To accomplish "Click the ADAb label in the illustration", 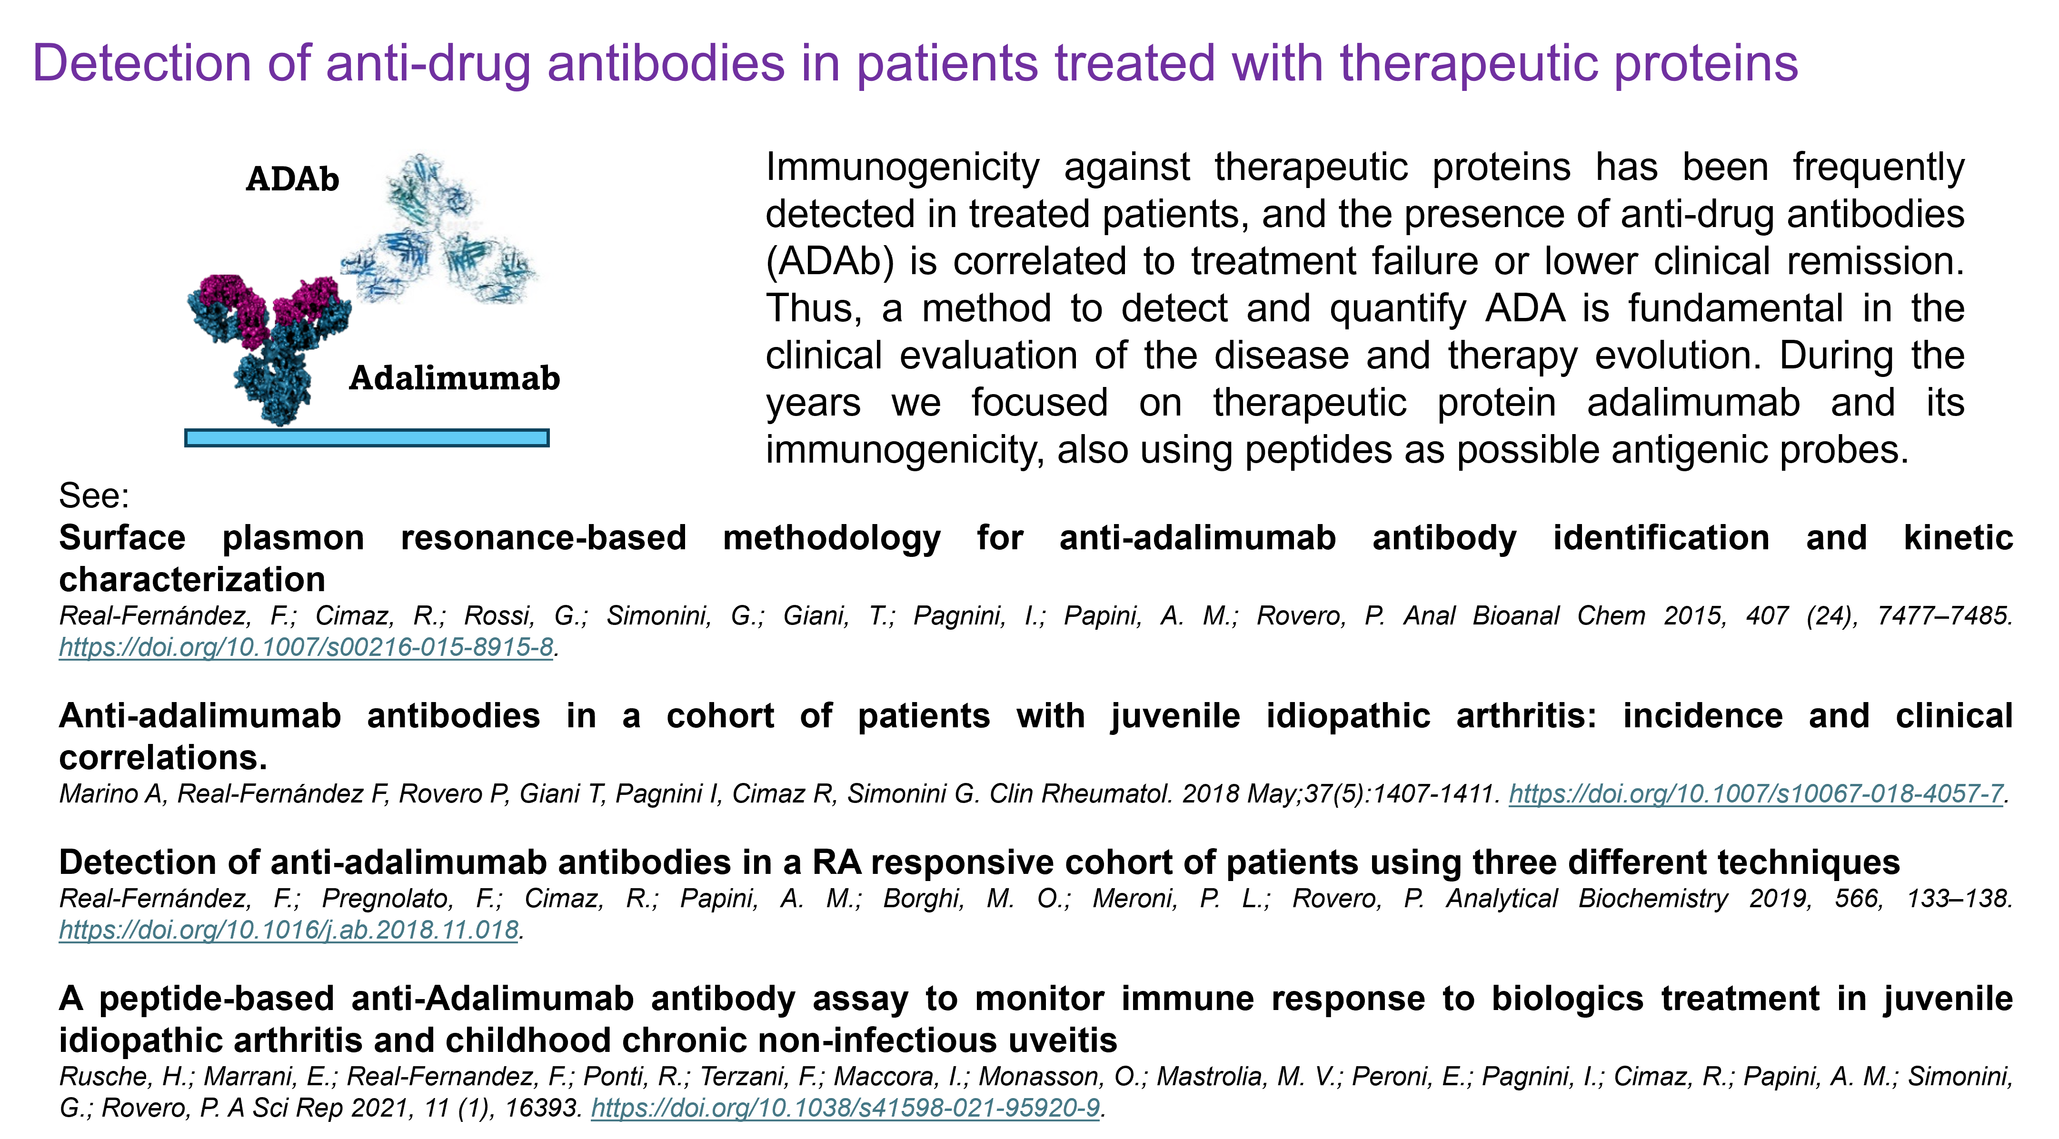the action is (292, 179).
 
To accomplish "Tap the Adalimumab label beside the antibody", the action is (455, 378).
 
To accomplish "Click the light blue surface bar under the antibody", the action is (367, 438).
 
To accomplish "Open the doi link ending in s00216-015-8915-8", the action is (306, 647).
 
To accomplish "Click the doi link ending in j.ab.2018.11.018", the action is (288, 930).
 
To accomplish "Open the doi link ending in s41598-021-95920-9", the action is (845, 1108).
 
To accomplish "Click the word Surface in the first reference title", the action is (122, 538).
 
